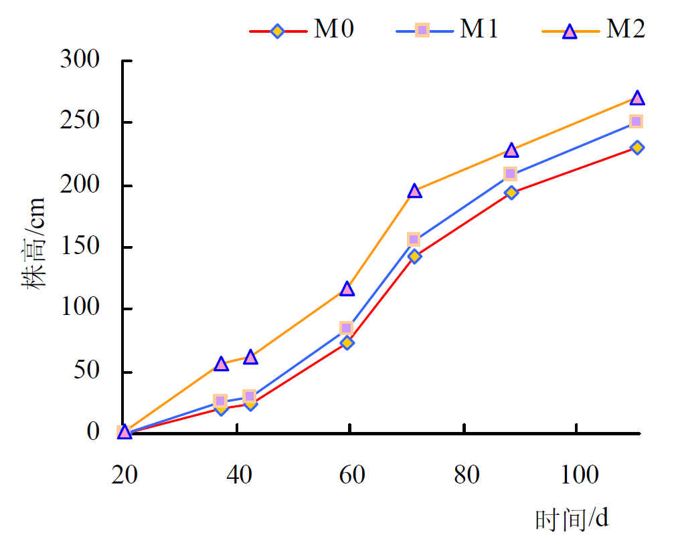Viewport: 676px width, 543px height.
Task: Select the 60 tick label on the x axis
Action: point(350,475)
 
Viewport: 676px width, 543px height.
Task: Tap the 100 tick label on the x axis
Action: point(576,475)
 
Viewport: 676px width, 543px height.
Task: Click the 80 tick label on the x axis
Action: point(464,475)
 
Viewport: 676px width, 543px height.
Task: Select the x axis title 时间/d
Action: point(572,518)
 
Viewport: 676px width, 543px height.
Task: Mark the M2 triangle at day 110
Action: point(637,98)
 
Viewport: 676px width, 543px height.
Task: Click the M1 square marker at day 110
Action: point(636,121)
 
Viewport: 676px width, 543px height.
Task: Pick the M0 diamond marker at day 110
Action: point(637,147)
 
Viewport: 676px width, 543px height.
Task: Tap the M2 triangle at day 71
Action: point(414,191)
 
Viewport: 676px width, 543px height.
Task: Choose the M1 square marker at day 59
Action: point(346,328)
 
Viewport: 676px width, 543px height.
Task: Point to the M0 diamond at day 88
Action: point(511,193)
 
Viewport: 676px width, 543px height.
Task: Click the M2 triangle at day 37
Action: point(222,364)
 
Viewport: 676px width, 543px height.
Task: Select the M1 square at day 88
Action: point(510,174)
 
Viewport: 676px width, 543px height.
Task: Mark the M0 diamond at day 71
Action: point(414,256)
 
